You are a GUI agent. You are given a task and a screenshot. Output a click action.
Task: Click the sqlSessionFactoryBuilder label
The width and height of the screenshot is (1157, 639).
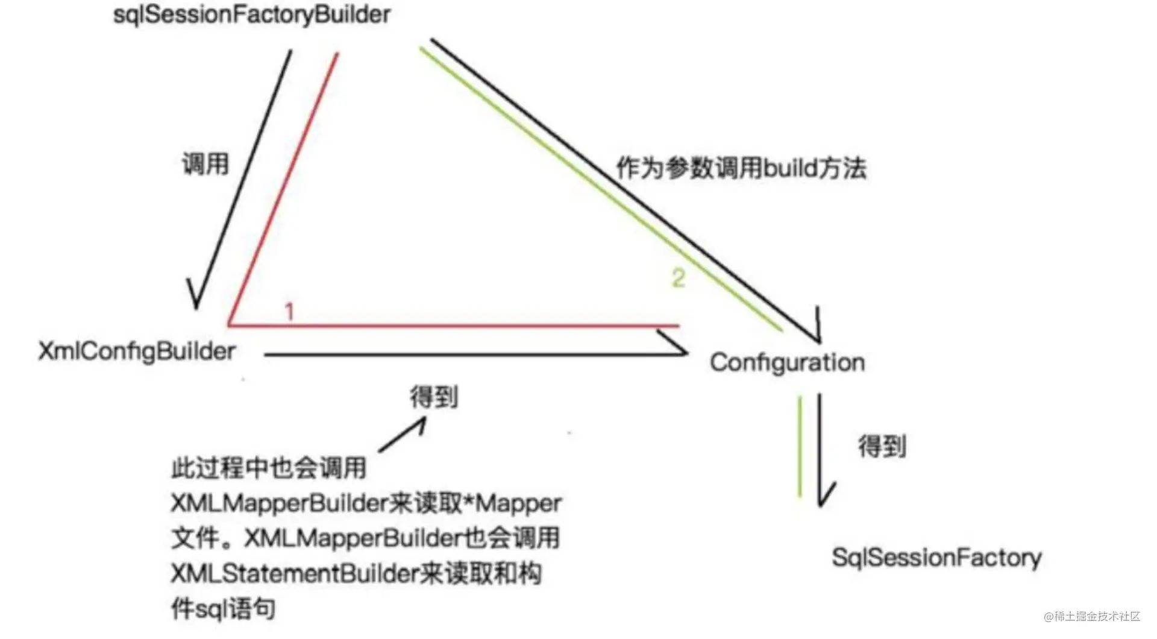tap(252, 15)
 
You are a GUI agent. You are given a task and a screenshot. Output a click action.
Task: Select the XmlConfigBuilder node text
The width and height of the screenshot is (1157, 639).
tap(137, 351)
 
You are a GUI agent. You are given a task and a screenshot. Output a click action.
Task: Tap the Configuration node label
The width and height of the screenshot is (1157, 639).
tap(788, 362)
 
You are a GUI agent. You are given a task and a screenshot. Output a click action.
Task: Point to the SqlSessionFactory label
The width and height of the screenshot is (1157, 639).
tap(936, 558)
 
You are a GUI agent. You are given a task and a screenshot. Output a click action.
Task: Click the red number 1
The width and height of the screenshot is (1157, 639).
tap(289, 312)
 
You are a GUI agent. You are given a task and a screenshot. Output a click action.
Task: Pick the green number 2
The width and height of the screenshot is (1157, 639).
tap(679, 278)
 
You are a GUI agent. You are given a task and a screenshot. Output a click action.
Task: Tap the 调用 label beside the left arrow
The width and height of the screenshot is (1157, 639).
tap(206, 164)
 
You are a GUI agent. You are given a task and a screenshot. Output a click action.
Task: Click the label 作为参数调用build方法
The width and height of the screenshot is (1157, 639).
tap(741, 168)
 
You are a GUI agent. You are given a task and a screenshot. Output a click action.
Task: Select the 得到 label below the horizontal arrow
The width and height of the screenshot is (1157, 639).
tap(434, 397)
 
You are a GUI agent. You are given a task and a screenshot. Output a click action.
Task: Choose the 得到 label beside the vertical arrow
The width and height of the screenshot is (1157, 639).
tap(882, 447)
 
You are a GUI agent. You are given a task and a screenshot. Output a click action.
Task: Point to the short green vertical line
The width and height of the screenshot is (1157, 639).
tap(800, 447)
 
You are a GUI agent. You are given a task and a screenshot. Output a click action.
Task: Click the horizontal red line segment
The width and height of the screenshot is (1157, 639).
tap(454, 326)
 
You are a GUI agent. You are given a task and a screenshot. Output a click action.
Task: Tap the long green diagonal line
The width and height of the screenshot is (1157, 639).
tap(601, 189)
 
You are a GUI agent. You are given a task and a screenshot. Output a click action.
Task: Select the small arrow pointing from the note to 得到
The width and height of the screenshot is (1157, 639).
tap(403, 435)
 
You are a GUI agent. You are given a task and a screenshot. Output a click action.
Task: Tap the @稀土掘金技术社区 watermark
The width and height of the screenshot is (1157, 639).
tap(1092, 616)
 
